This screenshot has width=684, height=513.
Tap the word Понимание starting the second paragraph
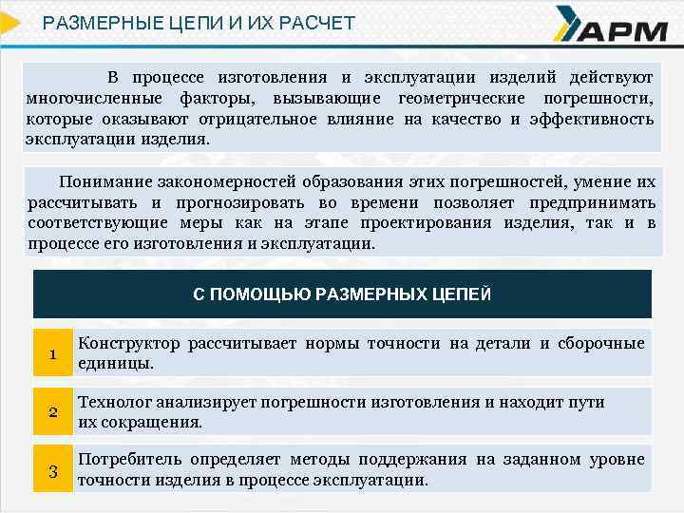point(101,181)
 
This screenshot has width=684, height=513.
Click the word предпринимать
point(591,202)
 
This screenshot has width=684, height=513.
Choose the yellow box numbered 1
point(53,353)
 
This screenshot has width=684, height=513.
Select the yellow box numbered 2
point(53,411)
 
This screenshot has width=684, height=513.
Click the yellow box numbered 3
point(53,470)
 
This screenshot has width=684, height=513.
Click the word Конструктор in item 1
point(127,343)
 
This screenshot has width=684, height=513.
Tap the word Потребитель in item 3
point(130,460)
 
